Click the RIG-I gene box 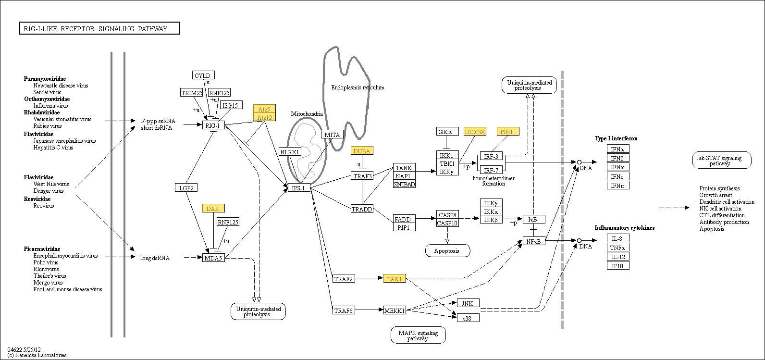(213, 125)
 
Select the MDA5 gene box (213, 258)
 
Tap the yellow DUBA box (362, 151)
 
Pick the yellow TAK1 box (395, 278)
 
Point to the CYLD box (203, 75)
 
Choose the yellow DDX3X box (475, 132)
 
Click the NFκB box (534, 241)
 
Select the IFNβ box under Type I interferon (617, 158)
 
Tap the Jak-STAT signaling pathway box (721, 161)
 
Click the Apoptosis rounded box (447, 251)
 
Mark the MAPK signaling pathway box (418, 335)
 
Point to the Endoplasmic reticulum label (358, 87)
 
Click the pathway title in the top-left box (99, 29)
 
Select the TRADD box (362, 209)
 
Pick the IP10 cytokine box (617, 266)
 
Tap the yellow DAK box (213, 209)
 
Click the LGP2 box (186, 188)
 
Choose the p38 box (468, 318)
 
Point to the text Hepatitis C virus (53, 148)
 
